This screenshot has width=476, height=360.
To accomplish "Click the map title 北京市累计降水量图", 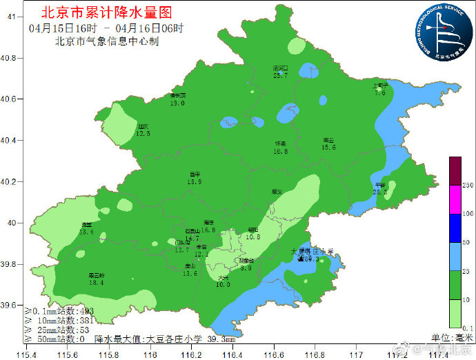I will [x=106, y=12].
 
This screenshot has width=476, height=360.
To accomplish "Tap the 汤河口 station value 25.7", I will [x=280, y=75].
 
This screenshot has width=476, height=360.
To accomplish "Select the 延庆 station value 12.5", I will [x=143, y=133].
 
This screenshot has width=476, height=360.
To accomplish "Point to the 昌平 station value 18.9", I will [x=195, y=182].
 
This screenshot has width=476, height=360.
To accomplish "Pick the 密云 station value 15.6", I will [x=328, y=147].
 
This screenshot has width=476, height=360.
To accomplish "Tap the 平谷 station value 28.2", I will [x=379, y=192].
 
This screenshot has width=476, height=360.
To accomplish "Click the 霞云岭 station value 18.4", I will [x=96, y=282].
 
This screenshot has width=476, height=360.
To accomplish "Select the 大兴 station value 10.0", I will [x=223, y=284].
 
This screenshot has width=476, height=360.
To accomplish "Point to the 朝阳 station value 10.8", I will [x=253, y=237].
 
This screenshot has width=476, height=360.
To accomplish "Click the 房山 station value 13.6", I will [x=190, y=273].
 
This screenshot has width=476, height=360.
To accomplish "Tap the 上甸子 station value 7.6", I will [x=380, y=92].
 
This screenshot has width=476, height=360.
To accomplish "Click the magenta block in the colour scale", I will [x=455, y=200].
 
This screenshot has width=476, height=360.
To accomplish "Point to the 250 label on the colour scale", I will [x=467, y=186].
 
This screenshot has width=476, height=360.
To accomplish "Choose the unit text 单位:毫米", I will [x=447, y=337].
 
